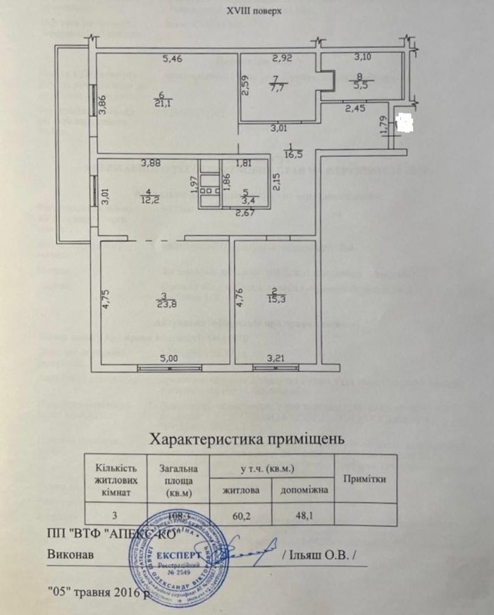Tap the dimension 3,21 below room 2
pyautogui.click(x=276, y=357)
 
